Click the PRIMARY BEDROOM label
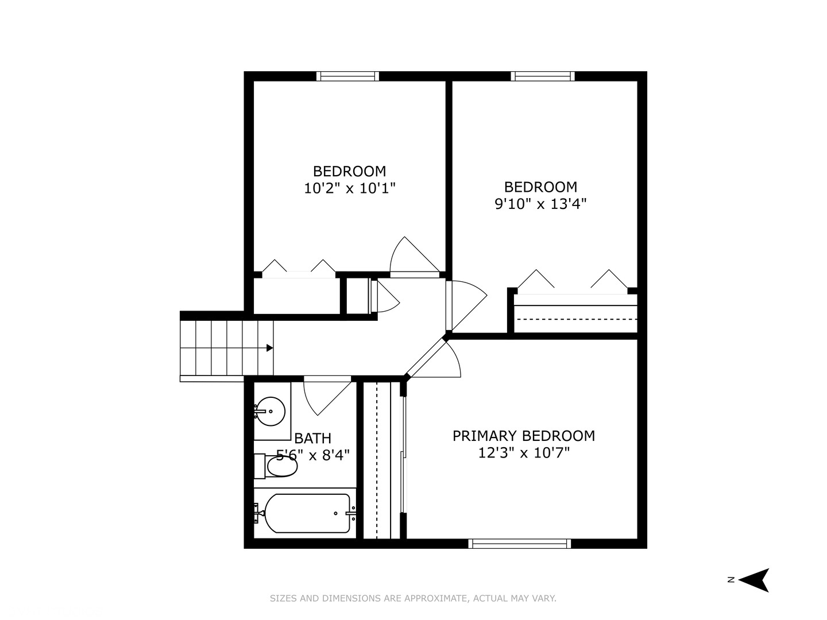(523, 436)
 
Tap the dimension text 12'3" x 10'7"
(523, 453)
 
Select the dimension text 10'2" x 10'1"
(349, 188)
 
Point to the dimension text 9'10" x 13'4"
(540, 203)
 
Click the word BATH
(312, 439)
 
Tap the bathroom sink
(270, 411)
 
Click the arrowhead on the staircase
(269, 348)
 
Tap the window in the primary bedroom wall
(520, 544)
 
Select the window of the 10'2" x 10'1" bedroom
(347, 76)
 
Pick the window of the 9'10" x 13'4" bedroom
(543, 76)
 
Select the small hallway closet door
(384, 296)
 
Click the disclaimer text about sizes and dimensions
(413, 598)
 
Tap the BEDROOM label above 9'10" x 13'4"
(540, 187)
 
